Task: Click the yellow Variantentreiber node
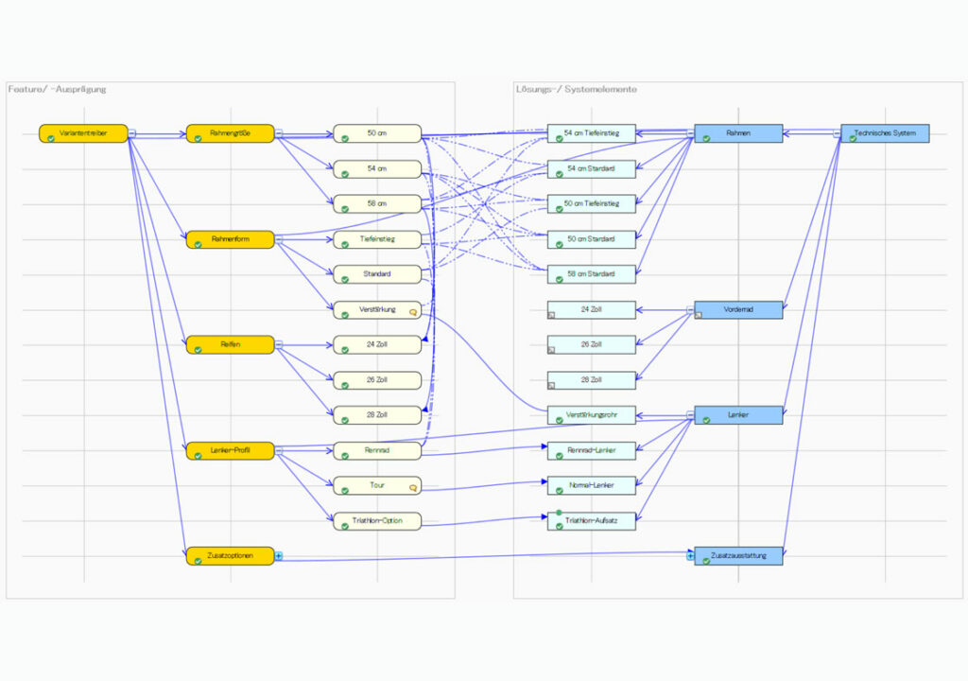[83, 133]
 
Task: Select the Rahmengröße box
[230, 133]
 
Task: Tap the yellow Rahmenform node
[230, 239]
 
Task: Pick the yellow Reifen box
[230, 344]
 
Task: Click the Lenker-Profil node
[230, 450]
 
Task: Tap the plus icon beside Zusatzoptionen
[279, 556]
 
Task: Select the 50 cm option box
[377, 133]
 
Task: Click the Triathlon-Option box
[377, 521]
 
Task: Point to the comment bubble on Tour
[412, 488]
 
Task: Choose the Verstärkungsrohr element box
[591, 414]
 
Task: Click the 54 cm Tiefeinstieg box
[591, 133]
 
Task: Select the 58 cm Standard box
[591, 274]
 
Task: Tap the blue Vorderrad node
[738, 309]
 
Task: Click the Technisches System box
[885, 133]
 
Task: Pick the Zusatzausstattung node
[738, 556]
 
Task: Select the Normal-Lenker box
[591, 485]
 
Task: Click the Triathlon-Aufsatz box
[591, 521]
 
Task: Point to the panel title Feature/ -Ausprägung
[58, 89]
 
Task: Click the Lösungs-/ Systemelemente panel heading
[576, 89]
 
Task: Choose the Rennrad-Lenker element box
[591, 450]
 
